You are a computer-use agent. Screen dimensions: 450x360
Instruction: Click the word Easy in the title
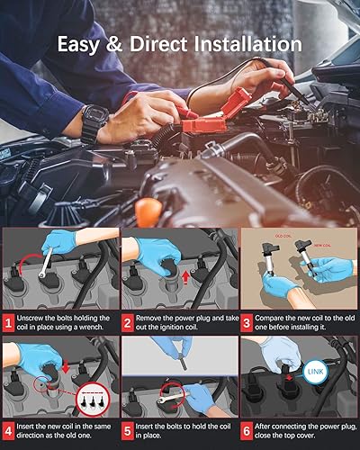(85, 43)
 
